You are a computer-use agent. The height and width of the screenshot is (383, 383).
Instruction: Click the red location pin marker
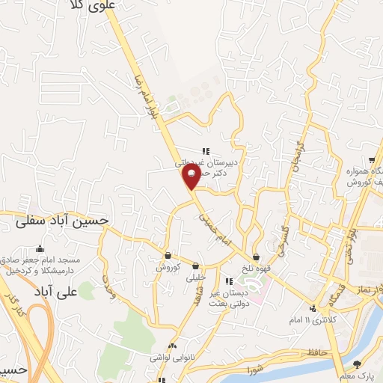191,177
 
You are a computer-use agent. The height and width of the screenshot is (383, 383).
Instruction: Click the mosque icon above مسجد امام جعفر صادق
40,249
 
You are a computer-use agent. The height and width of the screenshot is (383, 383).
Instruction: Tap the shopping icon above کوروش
167,255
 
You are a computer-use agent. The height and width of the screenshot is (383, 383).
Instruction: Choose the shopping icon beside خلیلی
195,265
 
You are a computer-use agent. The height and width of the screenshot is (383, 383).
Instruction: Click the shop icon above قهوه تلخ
256,257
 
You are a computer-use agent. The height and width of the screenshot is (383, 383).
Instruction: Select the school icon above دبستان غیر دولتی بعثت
229,281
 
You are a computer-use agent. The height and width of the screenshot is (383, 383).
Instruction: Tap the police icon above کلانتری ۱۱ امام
312,308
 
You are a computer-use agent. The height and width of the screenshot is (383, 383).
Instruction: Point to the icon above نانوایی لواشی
173,346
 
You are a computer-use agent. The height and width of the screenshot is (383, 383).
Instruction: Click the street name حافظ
312,351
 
